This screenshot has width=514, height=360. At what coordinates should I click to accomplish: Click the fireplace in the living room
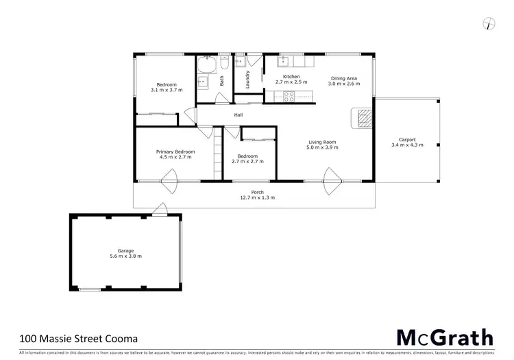(x=363, y=118)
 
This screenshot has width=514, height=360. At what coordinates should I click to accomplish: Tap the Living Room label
(x=321, y=143)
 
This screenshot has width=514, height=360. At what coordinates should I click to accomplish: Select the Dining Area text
(x=344, y=78)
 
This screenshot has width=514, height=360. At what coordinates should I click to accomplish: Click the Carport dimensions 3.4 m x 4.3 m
(x=407, y=145)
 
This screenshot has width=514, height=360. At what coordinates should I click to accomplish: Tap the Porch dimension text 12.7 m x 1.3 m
(x=257, y=197)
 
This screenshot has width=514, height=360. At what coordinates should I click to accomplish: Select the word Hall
(x=238, y=115)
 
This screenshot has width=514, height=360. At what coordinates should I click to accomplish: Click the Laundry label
(x=248, y=77)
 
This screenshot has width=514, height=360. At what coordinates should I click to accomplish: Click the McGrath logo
(x=445, y=337)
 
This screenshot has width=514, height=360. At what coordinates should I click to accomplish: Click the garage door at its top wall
(x=159, y=210)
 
